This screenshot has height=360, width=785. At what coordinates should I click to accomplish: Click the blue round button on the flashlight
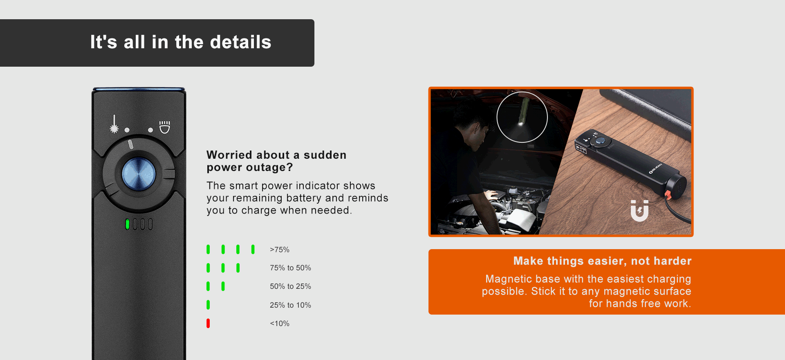click(x=139, y=174)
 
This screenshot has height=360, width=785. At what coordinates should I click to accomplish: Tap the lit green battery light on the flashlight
click(x=128, y=224)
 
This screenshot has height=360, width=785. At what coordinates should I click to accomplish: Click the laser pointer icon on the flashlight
click(x=114, y=124)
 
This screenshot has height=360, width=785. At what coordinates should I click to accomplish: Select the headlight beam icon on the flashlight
click(x=165, y=127)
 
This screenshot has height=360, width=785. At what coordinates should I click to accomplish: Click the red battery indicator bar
click(x=208, y=323)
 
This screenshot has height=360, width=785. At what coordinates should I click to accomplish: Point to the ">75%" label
click(x=280, y=250)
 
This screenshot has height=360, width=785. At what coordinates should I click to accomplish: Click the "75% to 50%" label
click(x=290, y=268)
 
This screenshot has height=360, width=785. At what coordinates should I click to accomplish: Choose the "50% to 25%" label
click(x=290, y=286)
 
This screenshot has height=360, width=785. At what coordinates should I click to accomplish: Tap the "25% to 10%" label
click(x=290, y=305)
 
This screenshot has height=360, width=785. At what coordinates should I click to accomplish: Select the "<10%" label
click(x=280, y=324)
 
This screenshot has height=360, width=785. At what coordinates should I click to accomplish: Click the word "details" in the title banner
click(x=241, y=42)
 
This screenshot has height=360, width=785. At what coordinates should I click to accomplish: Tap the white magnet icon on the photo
click(x=639, y=211)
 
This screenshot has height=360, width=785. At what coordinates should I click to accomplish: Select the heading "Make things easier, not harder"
click(x=602, y=261)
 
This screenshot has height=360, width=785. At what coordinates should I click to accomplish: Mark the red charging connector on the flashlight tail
click(x=667, y=195)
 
